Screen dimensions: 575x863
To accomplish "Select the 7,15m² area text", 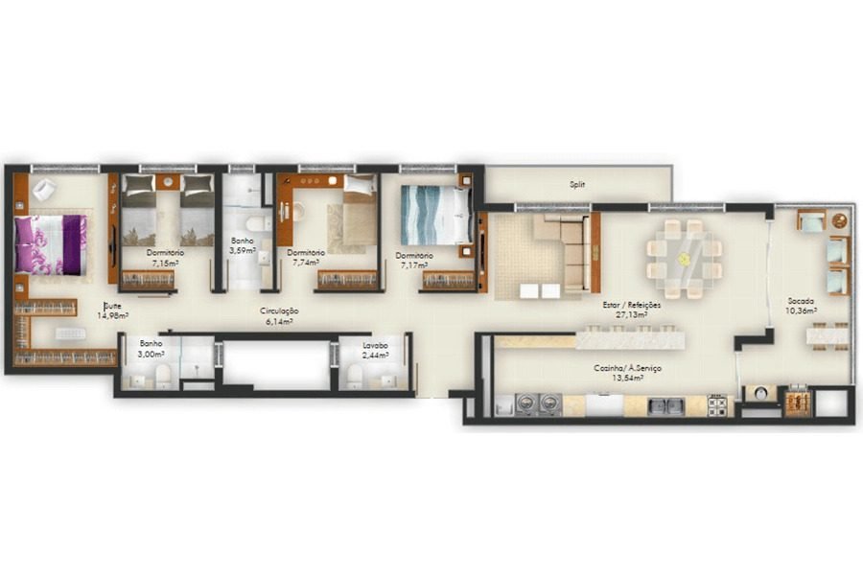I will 165,262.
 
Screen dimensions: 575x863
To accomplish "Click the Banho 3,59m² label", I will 243,246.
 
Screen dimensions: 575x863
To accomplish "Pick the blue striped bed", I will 435,215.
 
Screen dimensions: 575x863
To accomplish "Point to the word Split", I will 576,184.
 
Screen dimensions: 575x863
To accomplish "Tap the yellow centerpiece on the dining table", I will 684,259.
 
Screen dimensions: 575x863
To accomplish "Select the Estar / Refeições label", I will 631,305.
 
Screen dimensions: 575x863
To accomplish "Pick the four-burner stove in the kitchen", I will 717,405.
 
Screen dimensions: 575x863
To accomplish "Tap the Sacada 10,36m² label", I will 801,305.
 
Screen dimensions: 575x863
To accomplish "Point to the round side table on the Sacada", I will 760,393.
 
